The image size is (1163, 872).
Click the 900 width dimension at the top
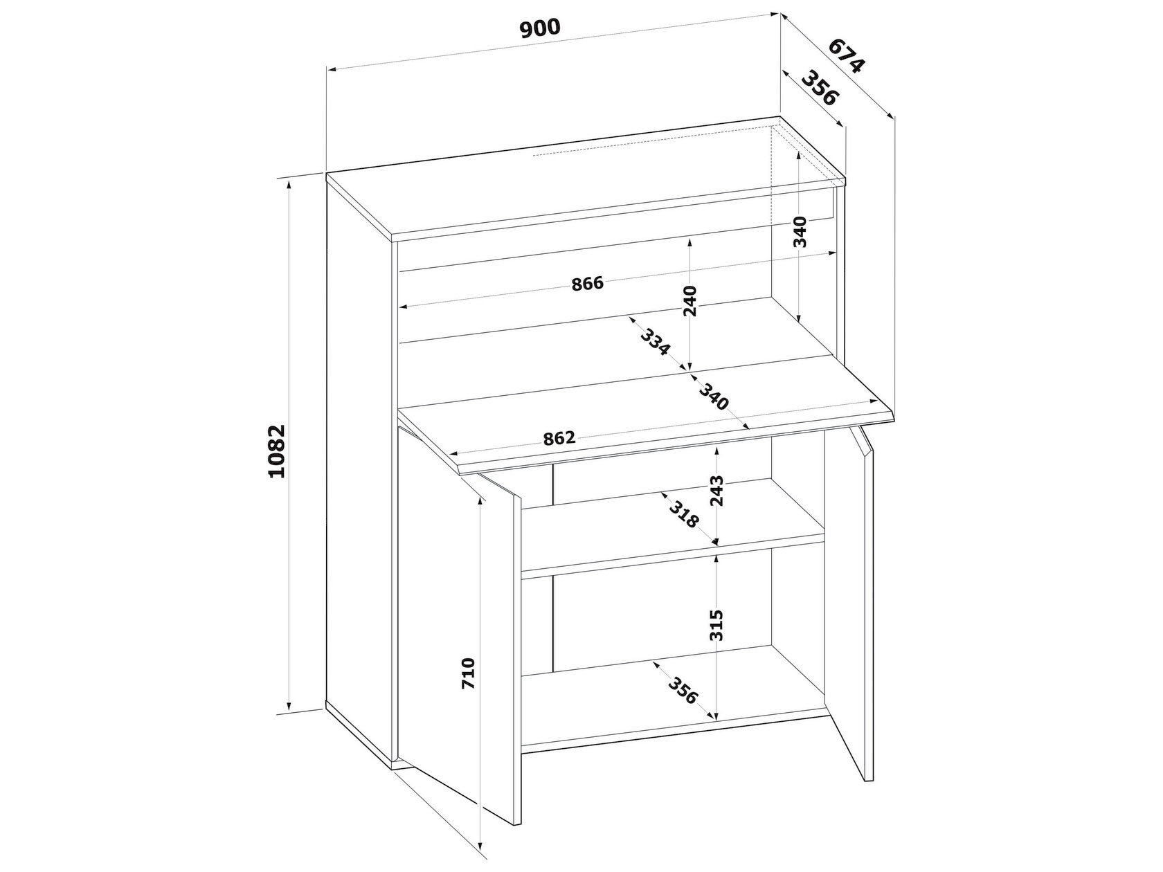(x=539, y=28)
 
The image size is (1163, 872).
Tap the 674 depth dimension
(x=846, y=55)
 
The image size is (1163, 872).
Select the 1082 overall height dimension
(x=276, y=451)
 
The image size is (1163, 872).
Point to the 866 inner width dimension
(x=587, y=284)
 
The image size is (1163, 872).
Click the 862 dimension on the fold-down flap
(x=559, y=438)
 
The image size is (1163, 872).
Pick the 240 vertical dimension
(x=689, y=301)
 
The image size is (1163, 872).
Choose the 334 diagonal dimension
(x=656, y=343)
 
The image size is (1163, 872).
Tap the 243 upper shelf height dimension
(x=716, y=491)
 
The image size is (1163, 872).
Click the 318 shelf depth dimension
(x=684, y=514)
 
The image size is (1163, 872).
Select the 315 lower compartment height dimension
(x=716, y=625)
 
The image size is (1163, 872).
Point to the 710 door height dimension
(x=469, y=673)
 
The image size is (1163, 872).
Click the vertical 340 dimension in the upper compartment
(x=800, y=232)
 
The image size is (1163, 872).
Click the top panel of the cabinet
(x=586, y=177)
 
